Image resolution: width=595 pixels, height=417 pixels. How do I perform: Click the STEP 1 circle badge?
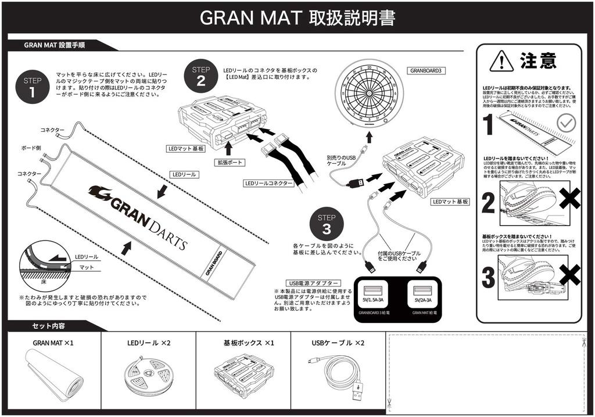point(33,87)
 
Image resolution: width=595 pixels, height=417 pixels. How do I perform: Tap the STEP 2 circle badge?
point(200,76)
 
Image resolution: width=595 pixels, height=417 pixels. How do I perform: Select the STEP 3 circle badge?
point(326,224)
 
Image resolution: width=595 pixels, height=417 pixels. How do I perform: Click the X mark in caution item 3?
point(569,275)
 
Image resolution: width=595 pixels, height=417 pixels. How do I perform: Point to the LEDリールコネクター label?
point(268,184)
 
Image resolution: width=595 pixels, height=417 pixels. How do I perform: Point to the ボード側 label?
point(31,148)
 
